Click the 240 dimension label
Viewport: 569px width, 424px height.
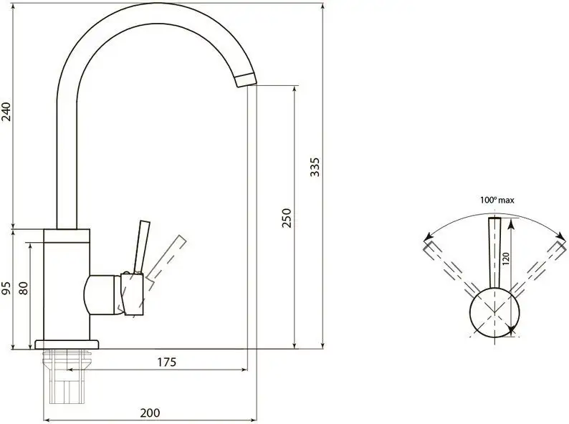[7, 112]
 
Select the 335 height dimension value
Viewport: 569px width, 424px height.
[315, 167]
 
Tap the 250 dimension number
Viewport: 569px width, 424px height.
[287, 218]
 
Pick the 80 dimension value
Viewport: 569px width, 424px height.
[23, 289]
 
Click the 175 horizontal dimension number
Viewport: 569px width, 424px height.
[166, 362]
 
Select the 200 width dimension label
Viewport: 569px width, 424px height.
[150, 413]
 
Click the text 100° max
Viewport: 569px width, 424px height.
[497, 200]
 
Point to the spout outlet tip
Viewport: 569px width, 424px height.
[246, 79]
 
